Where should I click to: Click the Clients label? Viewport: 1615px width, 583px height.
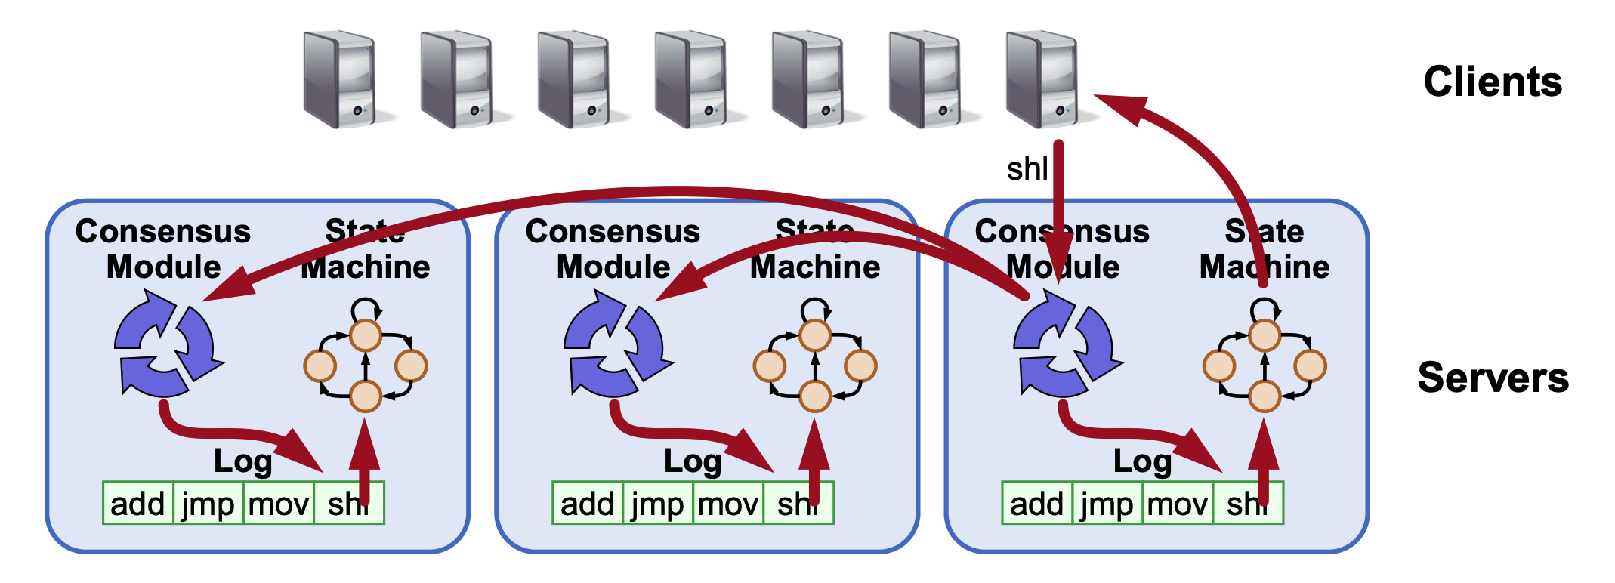pyautogui.click(x=1492, y=82)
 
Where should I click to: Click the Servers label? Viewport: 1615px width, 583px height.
pyautogui.click(x=1493, y=378)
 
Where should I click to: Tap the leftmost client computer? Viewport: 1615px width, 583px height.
pyautogui.click(x=341, y=79)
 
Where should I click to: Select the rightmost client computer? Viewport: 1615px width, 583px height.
pyautogui.click(x=1043, y=79)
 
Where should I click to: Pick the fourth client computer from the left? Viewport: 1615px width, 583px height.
pyautogui.click(x=692, y=79)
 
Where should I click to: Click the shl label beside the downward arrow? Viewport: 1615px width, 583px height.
pyautogui.click(x=1027, y=169)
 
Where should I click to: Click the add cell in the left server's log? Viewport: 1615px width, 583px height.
pyautogui.click(x=137, y=504)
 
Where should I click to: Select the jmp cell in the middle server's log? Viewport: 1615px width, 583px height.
pyautogui.click(x=657, y=504)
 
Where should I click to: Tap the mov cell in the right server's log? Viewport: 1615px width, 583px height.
pyautogui.click(x=1178, y=504)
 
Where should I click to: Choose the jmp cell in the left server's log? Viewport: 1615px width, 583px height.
pyautogui.click(x=208, y=504)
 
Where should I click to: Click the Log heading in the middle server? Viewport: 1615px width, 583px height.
pyautogui.click(x=692, y=461)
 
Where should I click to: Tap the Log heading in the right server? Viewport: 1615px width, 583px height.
pyautogui.click(x=1141, y=461)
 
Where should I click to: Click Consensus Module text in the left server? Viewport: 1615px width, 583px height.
pyautogui.click(x=163, y=249)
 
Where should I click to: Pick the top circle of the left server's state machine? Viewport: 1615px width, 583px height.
pyautogui.click(x=366, y=335)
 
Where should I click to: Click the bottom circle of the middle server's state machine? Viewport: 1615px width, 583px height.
pyautogui.click(x=815, y=396)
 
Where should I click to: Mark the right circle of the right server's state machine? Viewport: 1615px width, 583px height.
pyautogui.click(x=1310, y=366)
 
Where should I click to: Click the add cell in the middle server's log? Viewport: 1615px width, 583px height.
pyautogui.click(x=587, y=504)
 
